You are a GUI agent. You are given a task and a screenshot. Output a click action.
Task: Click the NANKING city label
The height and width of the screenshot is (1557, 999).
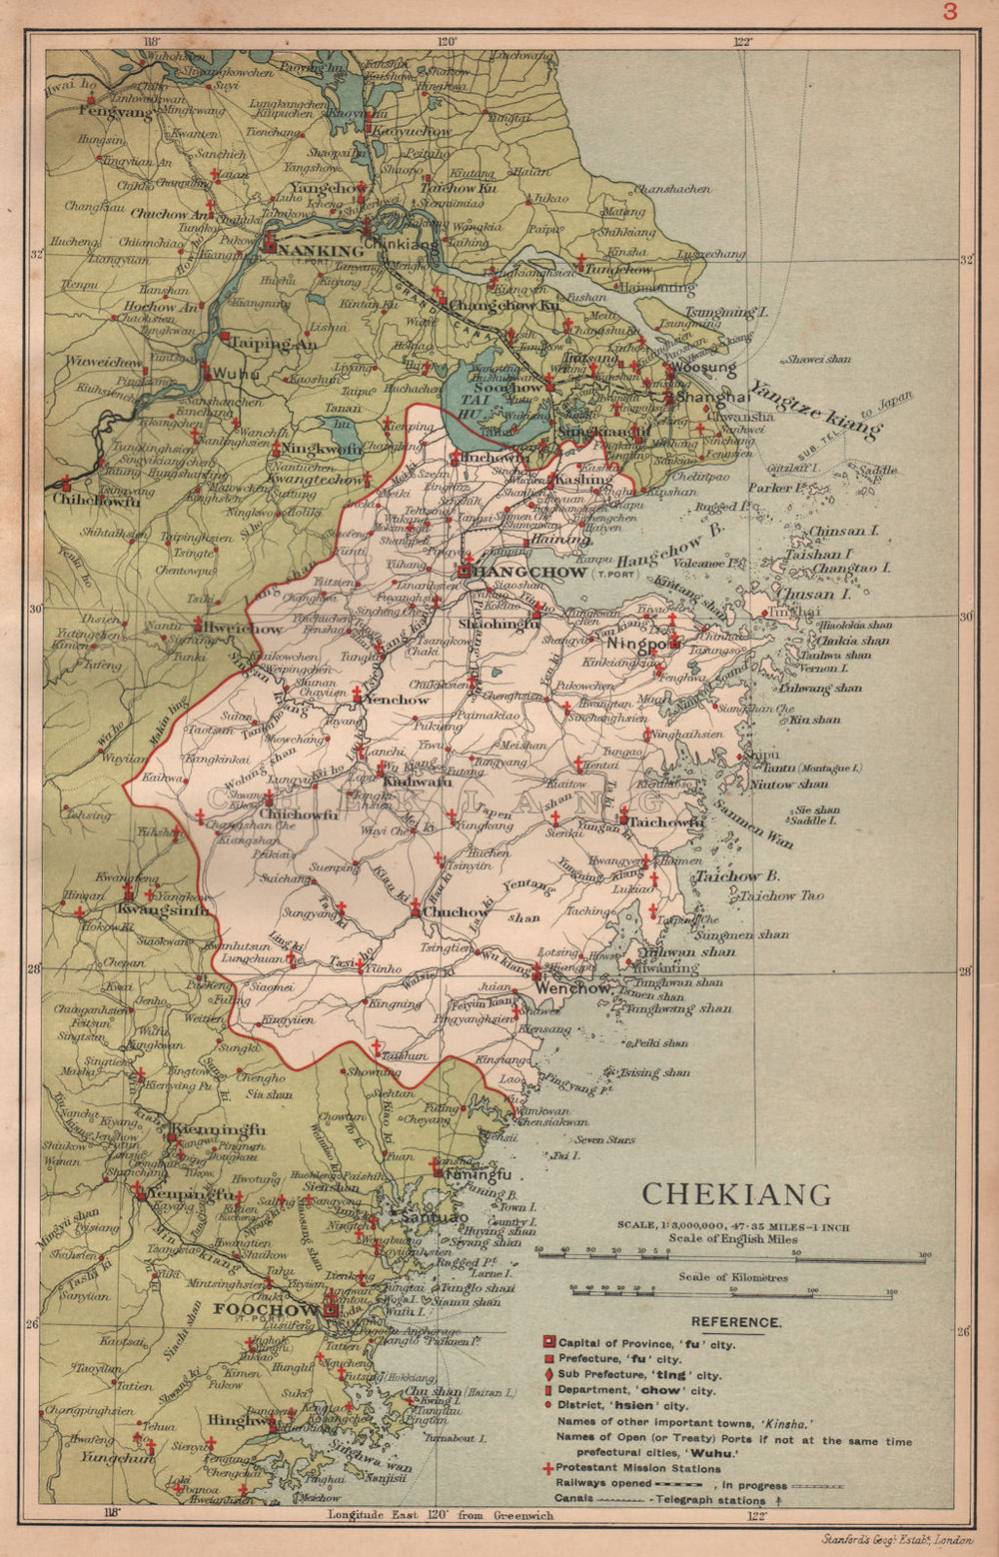coord(322,251)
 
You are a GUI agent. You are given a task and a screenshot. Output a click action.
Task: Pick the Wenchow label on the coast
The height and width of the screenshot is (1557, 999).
coord(572,988)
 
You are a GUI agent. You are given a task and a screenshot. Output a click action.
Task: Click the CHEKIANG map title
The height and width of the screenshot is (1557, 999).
coord(735,1194)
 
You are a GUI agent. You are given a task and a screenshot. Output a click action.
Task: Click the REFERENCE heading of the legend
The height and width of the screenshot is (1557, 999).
coord(735,1322)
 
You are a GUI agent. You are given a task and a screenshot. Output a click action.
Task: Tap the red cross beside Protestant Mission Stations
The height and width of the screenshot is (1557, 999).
coord(546,1469)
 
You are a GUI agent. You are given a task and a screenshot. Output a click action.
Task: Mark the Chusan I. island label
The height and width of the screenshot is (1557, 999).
coord(805,594)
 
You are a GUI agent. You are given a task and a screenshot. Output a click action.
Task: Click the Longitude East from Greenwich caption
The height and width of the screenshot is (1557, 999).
coord(442,1515)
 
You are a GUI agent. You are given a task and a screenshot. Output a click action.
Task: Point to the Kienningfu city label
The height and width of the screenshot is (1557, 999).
coord(218,1130)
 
